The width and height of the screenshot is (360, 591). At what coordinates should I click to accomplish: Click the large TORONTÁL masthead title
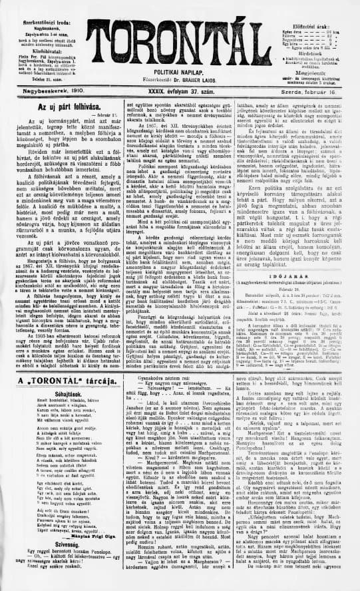(x=180, y=37)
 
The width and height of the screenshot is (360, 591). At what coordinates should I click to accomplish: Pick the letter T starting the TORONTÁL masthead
(x=93, y=37)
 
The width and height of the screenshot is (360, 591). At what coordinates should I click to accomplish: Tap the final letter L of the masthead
(x=268, y=37)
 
